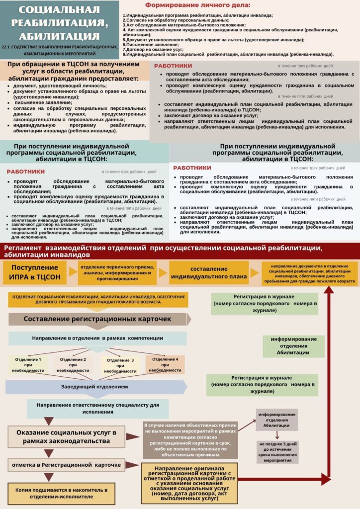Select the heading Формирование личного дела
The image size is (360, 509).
[198, 5]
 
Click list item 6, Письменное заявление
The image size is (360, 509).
[144, 44]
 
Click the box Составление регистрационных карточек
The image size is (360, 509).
[97, 319]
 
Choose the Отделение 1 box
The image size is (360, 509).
[28, 365]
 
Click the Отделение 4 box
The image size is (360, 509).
[165, 365]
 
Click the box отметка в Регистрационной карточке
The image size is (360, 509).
[66, 465]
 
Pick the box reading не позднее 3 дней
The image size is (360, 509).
[277, 452]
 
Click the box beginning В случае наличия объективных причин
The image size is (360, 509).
[190, 440]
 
